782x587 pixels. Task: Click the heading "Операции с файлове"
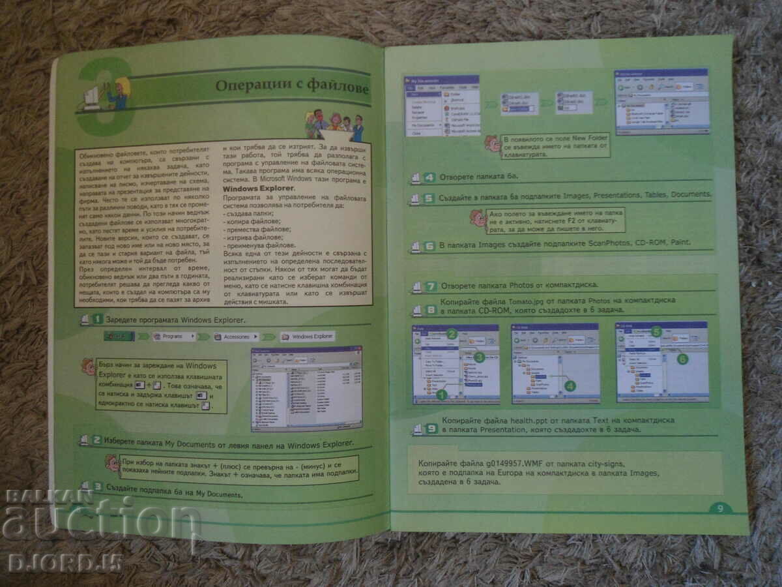(x=292, y=87)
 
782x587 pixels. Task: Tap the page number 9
(x=720, y=509)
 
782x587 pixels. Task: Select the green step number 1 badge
(x=97, y=320)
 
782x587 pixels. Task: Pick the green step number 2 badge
(x=96, y=440)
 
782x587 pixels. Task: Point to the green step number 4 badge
(x=429, y=177)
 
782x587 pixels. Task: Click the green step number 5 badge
(x=428, y=199)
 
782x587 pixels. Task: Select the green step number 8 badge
(x=430, y=310)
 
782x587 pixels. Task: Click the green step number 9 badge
(x=431, y=429)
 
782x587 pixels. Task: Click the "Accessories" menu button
(x=235, y=337)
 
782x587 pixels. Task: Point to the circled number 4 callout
(x=570, y=385)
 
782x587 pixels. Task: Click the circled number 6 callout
(x=682, y=358)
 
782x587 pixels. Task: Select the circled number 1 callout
(x=441, y=395)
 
